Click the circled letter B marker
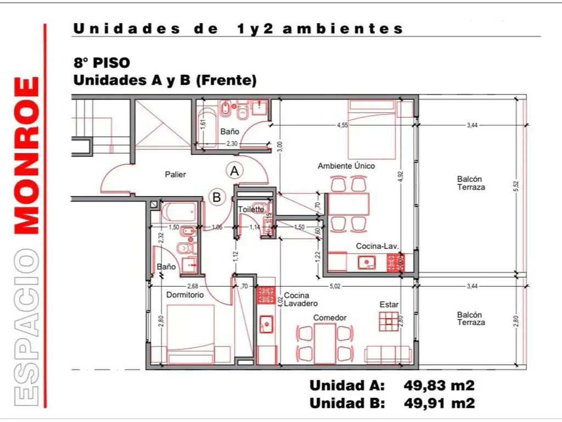(x=217, y=197)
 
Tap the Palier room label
(x=176, y=175)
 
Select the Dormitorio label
(x=185, y=295)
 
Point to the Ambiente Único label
(x=346, y=165)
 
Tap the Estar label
(x=389, y=304)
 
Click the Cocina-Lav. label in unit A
(x=377, y=246)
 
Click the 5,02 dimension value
(x=335, y=286)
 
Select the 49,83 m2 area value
(x=439, y=385)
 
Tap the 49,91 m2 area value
(x=439, y=403)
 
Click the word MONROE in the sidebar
(x=26, y=156)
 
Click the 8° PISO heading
(x=101, y=63)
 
